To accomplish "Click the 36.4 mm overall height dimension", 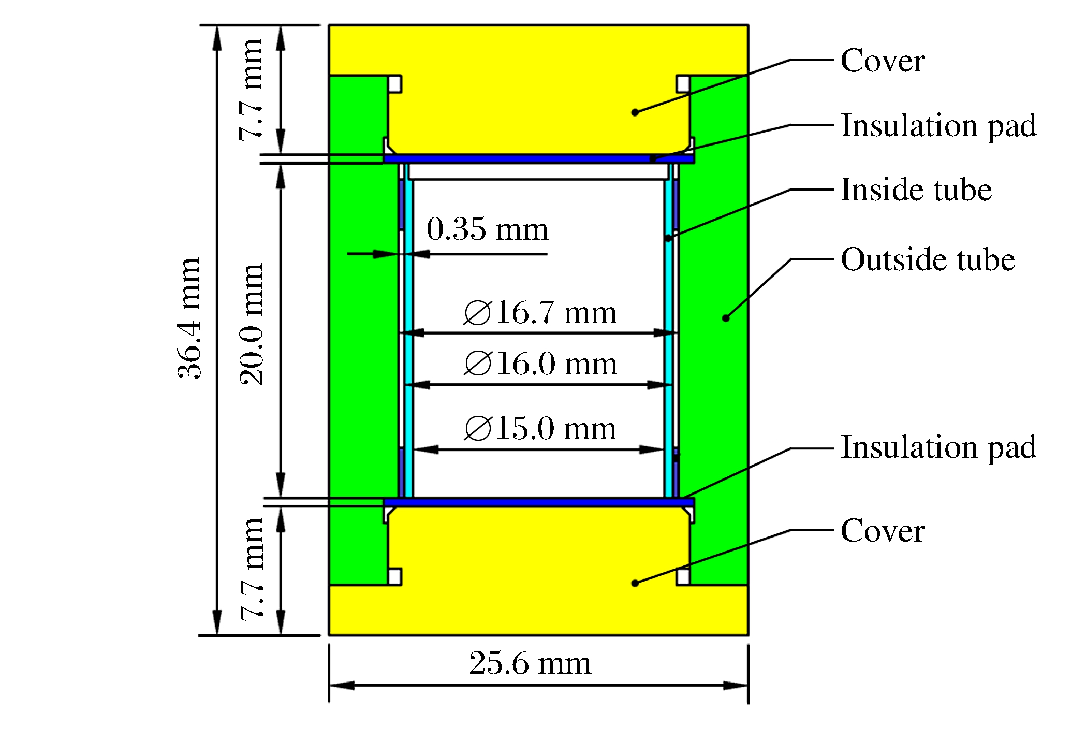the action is tap(189, 318).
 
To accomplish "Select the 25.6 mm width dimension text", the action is tap(530, 663).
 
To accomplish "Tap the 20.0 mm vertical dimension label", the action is tap(251, 324).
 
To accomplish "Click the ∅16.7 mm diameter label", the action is tap(540, 312).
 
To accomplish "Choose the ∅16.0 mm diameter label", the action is tap(540, 364).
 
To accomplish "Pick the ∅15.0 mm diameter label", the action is tap(540, 428).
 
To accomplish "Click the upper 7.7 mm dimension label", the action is tap(251, 89).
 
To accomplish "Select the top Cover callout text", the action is tap(883, 61).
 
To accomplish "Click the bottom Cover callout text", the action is tap(883, 531).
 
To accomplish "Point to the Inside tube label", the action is tap(916, 190).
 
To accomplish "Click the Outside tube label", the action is tap(928, 259).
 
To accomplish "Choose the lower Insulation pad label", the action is tap(938, 448).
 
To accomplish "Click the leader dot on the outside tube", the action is tap(726, 318).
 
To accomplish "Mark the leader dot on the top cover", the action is tap(635, 112).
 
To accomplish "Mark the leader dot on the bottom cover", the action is tap(635, 583).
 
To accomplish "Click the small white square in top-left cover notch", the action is tap(394, 84).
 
